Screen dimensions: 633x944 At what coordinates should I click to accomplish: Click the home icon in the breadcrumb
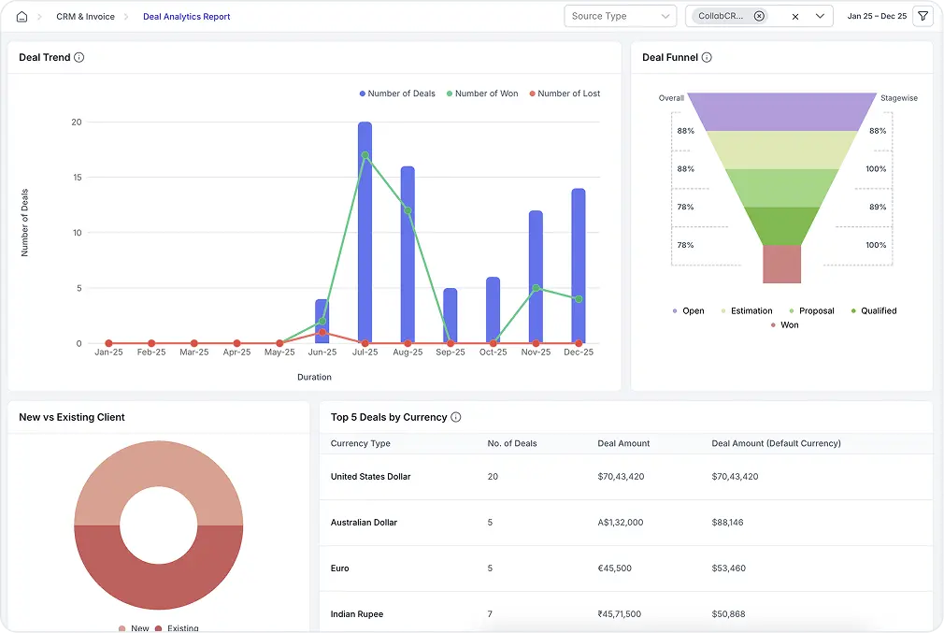coord(21,17)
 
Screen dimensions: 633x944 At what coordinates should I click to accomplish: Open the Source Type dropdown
coord(620,16)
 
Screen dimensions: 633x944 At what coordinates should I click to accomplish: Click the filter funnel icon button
coord(923,16)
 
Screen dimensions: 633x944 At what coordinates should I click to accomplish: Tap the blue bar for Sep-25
coord(451,315)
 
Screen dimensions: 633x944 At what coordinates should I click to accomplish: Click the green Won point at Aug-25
coord(408,210)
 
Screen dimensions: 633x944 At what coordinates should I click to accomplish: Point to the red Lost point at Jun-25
coord(322,332)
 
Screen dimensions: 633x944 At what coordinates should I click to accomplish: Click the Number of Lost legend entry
coord(565,94)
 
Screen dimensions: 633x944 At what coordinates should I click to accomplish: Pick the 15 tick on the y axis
coord(77,178)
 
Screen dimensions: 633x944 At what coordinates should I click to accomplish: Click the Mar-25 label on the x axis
coord(194,352)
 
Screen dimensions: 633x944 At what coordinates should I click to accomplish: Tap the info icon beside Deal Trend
coord(79,58)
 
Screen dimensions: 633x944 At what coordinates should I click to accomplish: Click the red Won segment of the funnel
coord(781,264)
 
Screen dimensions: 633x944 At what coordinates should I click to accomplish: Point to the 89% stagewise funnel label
coord(877,207)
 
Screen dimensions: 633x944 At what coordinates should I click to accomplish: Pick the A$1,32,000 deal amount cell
coord(621,523)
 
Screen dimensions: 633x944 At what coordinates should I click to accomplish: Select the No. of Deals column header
coord(512,443)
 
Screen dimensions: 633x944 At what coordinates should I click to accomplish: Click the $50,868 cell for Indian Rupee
coord(727,614)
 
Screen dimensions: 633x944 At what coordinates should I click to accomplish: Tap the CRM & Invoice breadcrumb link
coord(86,17)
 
